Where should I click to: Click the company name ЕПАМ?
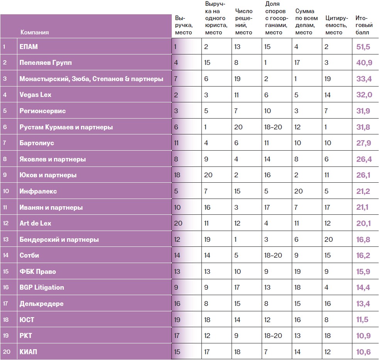(x=29, y=47)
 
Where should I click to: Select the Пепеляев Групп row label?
(x=46, y=63)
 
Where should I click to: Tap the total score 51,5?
(x=363, y=47)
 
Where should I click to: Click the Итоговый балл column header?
(x=362, y=25)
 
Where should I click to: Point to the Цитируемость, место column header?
(x=337, y=25)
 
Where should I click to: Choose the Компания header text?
(x=34, y=32)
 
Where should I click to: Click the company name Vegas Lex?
(x=35, y=95)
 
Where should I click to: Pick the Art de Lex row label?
(x=35, y=223)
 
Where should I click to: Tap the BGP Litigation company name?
(x=42, y=287)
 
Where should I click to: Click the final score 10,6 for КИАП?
(x=363, y=352)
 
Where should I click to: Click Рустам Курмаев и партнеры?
(x=66, y=127)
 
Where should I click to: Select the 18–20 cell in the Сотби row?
(x=273, y=255)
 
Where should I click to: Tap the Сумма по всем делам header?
(x=306, y=22)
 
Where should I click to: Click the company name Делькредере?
(x=41, y=304)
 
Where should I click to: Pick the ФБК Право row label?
(x=37, y=272)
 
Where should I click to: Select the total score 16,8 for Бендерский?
(x=363, y=239)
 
